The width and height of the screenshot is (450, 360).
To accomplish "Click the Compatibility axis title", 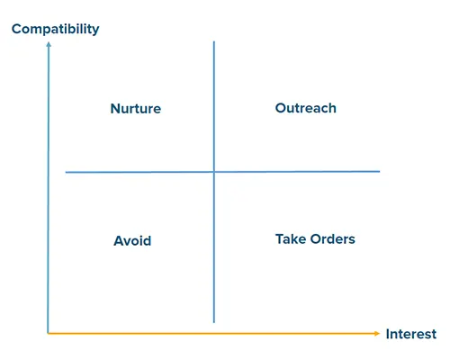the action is (56, 30).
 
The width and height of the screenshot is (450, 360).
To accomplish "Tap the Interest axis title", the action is (411, 334).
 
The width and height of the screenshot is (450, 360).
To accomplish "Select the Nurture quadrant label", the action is (136, 109).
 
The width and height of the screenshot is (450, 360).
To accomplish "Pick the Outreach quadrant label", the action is (306, 108).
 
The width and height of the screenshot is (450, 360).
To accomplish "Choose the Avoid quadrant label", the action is (132, 240).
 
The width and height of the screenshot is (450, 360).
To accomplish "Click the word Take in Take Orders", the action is (291, 239).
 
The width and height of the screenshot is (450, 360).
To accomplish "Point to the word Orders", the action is (333, 239).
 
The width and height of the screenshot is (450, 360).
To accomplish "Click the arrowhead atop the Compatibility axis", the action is (49, 44).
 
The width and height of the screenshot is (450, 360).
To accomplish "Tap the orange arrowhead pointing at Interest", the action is (377, 333).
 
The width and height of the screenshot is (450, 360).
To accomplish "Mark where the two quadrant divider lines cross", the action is (214, 172).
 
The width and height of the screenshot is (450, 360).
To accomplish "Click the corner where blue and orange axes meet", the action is (48, 333).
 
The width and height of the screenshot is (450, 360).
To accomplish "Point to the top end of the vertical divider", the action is (214, 41).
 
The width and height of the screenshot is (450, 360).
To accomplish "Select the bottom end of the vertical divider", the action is (214, 323).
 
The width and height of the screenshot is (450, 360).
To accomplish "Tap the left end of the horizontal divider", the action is (66, 173).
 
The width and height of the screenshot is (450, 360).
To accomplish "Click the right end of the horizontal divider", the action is (380, 171).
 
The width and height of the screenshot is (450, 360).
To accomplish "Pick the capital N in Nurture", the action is (116, 109).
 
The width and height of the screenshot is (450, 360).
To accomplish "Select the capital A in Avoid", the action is (119, 240).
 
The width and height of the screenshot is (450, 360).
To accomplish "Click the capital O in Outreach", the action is (281, 108).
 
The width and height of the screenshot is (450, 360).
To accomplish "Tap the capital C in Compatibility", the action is (17, 29).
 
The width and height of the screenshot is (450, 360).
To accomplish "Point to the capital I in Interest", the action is (388, 334).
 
